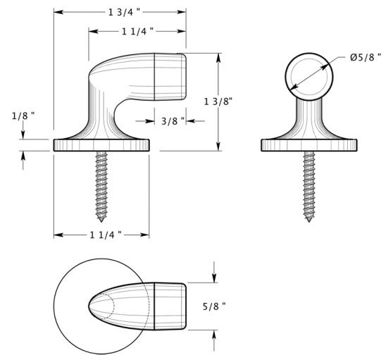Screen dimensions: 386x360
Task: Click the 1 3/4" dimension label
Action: pyautogui.click(x=124, y=12)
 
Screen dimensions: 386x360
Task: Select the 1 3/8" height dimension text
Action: pyautogui.click(x=218, y=101)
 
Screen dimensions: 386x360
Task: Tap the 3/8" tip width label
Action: pyautogui.click(x=173, y=121)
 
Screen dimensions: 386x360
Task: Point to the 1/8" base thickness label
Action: pyautogui.click(x=23, y=116)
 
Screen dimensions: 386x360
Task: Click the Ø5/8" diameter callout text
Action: pyautogui.click(x=366, y=57)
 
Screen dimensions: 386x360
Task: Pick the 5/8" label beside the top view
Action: pyautogui.click(x=214, y=306)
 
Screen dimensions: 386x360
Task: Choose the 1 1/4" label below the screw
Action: pyautogui.click(x=106, y=235)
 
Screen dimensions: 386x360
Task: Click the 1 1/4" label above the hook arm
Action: pyautogui.click(x=138, y=31)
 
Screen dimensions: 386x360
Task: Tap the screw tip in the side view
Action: pyautogui.click(x=101, y=222)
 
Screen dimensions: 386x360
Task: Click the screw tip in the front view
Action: pyautogui.click(x=309, y=222)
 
